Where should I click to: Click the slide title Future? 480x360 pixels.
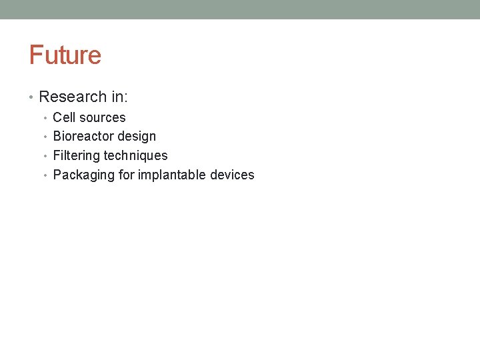(x=65, y=55)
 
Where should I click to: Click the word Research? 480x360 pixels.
(x=73, y=97)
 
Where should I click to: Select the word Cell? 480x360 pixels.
(x=64, y=117)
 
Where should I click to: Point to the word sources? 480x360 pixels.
(x=102, y=117)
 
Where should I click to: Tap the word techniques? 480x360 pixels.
(x=136, y=155)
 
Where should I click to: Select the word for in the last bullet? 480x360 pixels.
(x=127, y=175)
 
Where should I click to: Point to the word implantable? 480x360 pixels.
(x=172, y=175)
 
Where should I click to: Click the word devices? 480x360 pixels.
(x=232, y=175)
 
